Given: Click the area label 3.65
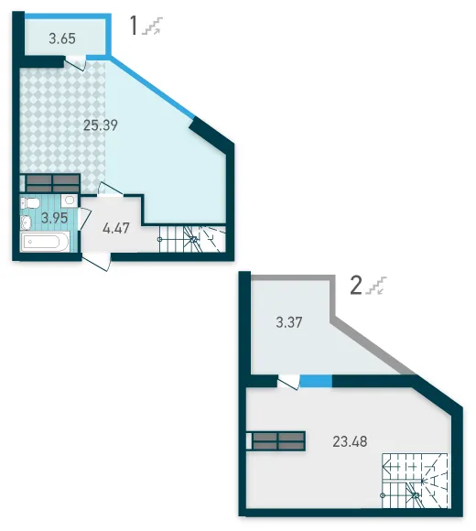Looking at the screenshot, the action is coord(62,38).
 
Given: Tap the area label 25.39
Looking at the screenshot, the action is coord(101,125).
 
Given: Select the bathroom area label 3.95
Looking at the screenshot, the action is coord(55,218).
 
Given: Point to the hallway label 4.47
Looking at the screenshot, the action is coord(116,228).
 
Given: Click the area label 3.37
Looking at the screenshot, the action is coord(288,322).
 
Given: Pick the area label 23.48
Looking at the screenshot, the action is coord(350,441).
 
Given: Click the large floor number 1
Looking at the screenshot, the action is coord(134,26).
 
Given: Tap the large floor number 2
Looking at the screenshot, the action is coord(356,286).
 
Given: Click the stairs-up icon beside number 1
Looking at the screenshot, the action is coord(153,26).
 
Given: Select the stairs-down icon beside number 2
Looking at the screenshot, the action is coord(376,286).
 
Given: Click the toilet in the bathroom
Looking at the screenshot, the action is coord(30,203).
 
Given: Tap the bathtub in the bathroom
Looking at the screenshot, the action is coord(45,242).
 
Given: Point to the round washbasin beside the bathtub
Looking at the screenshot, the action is coord(26,222).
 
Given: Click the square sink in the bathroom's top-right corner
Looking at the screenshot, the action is coord(70,200).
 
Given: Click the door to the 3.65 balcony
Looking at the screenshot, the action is coord(75,63).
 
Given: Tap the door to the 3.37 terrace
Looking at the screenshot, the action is coord(288,382).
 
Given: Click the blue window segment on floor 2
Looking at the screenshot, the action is coord(316,381).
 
